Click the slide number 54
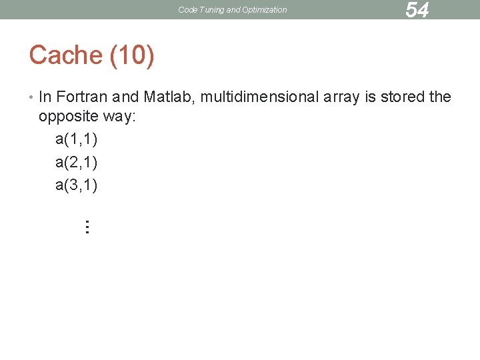point(417,10)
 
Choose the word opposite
point(69,118)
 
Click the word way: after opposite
point(120,118)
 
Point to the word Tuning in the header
point(211,10)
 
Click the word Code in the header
point(188,10)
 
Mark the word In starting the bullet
point(45,97)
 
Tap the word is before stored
point(371,97)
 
